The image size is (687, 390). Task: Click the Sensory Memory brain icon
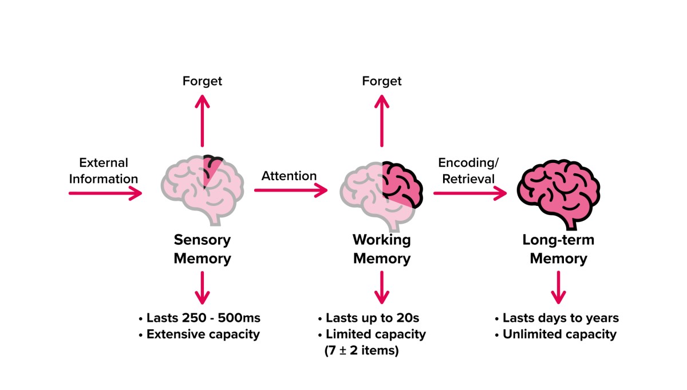(202, 189)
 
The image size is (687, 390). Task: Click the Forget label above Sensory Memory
(202, 81)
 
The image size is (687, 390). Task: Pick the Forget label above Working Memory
(382, 81)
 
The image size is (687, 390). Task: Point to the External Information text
(104, 171)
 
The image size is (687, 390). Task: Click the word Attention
(289, 176)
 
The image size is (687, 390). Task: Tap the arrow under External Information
(105, 193)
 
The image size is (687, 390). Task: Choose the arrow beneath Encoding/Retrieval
(470, 193)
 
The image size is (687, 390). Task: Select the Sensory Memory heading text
(202, 249)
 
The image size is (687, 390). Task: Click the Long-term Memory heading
(558, 249)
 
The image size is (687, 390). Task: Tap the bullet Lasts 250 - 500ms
(199, 318)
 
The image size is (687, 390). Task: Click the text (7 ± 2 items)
(361, 350)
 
